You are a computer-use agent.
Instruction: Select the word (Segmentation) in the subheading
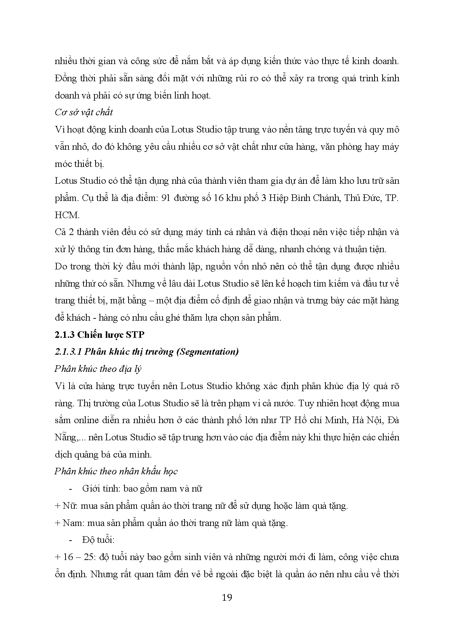pyautogui.click(x=207, y=352)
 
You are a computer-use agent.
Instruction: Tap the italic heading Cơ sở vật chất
pyautogui.click(x=84, y=112)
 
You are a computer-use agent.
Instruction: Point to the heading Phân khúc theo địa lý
pyautogui.click(x=98, y=369)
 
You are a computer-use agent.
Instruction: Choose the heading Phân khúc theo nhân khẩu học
pyautogui.click(x=116, y=471)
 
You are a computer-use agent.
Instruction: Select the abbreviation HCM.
pyautogui.click(x=67, y=215)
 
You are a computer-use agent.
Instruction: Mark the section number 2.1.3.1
pyautogui.click(x=68, y=352)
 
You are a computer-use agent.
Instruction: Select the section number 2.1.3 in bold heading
pyautogui.click(x=64, y=335)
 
